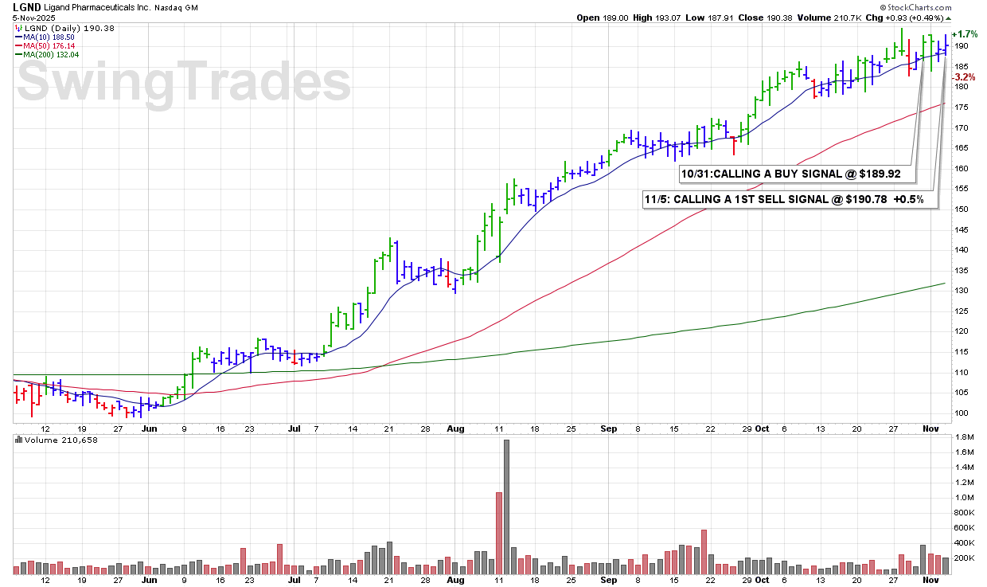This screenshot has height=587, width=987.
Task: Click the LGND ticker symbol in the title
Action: (x=28, y=6)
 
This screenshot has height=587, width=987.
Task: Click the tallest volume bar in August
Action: (x=506, y=507)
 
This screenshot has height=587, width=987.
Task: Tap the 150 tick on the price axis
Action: (x=962, y=209)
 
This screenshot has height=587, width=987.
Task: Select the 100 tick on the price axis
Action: (x=962, y=413)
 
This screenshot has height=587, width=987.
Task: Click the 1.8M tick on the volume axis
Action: (x=965, y=437)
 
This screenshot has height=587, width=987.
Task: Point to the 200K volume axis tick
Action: (x=965, y=558)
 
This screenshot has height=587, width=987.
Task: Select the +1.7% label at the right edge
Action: (x=965, y=35)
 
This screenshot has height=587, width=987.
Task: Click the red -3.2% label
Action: (x=965, y=77)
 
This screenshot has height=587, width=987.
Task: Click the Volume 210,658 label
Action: (x=56, y=440)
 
